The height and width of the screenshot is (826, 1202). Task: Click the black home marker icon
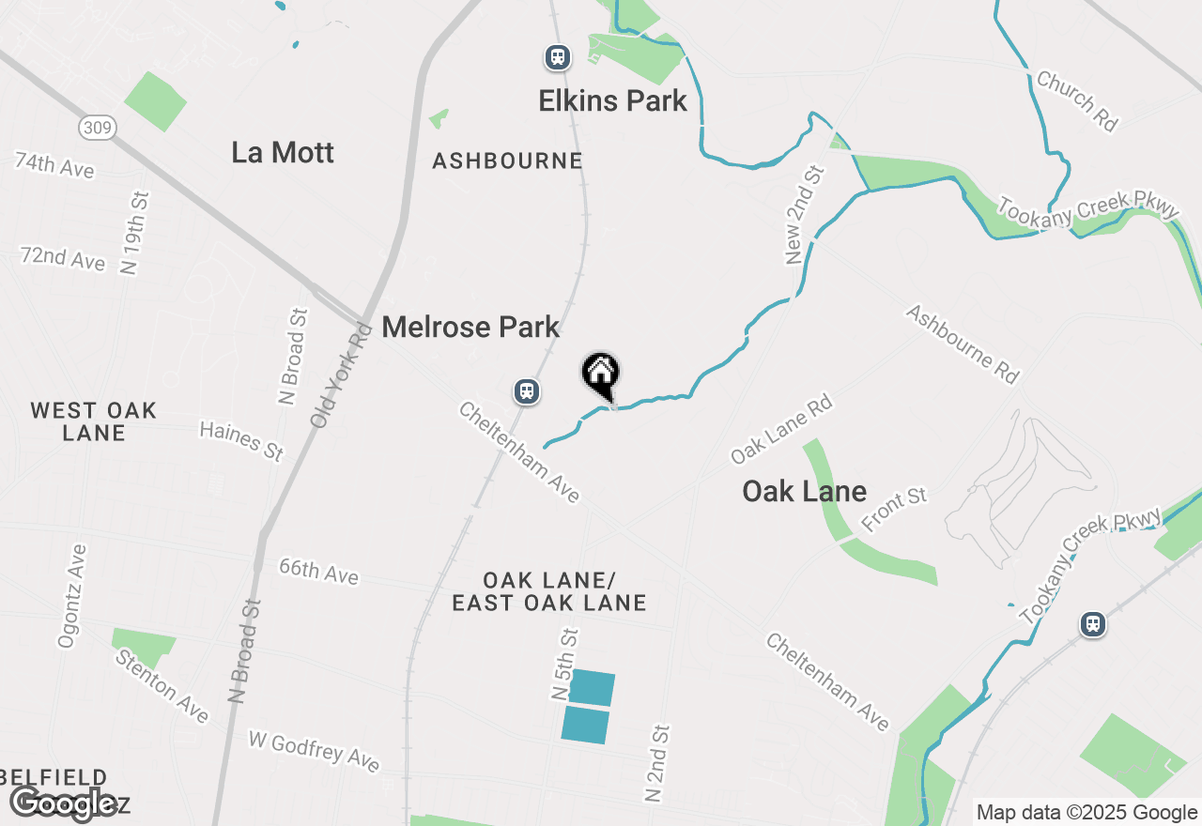pyautogui.click(x=601, y=375)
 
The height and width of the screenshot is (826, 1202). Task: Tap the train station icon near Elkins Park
pyautogui.click(x=558, y=58)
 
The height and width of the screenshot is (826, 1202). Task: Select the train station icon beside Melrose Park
pyautogui.click(x=527, y=391)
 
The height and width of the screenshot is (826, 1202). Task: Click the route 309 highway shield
pyautogui.click(x=97, y=128)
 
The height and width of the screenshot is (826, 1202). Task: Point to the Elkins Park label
pyautogui.click(x=612, y=101)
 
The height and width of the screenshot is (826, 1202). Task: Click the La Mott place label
pyautogui.click(x=283, y=153)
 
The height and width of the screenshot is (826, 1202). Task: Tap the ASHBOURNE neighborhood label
pyautogui.click(x=507, y=161)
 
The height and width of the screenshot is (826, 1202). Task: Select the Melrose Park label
pyautogui.click(x=470, y=328)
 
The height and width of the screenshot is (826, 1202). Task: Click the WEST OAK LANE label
pyautogui.click(x=93, y=421)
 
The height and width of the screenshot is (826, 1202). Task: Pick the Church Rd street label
pyautogui.click(x=1077, y=100)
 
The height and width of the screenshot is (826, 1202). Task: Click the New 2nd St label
pyautogui.click(x=806, y=215)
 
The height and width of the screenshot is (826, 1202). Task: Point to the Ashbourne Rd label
pyautogui.click(x=963, y=344)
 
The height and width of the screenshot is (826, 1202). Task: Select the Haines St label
pyautogui.click(x=241, y=440)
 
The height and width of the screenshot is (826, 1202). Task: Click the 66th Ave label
pyautogui.click(x=318, y=571)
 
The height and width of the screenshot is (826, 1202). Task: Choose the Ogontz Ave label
pyautogui.click(x=72, y=596)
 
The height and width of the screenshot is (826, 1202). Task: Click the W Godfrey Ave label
pyautogui.click(x=314, y=751)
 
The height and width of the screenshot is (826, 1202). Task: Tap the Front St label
pyautogui.click(x=894, y=510)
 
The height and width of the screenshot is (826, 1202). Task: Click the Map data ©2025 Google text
pyautogui.click(x=1086, y=813)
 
